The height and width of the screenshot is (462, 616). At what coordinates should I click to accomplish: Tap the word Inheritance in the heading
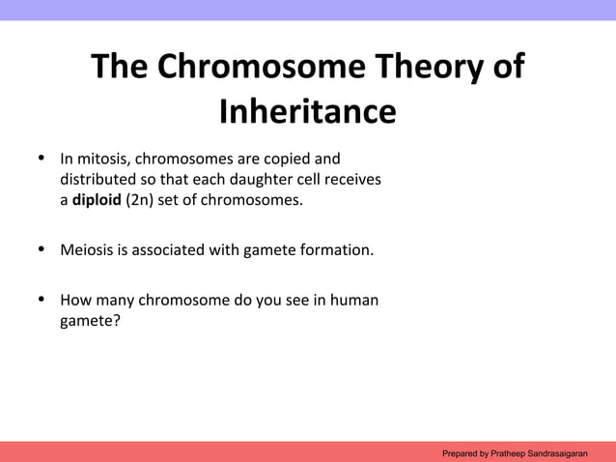pos(307,112)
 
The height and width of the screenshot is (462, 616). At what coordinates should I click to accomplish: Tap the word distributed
pos(98,179)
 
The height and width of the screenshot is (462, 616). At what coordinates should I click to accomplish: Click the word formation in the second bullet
pos(338,250)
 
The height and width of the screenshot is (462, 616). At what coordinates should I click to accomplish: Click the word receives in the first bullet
pos(351,179)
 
